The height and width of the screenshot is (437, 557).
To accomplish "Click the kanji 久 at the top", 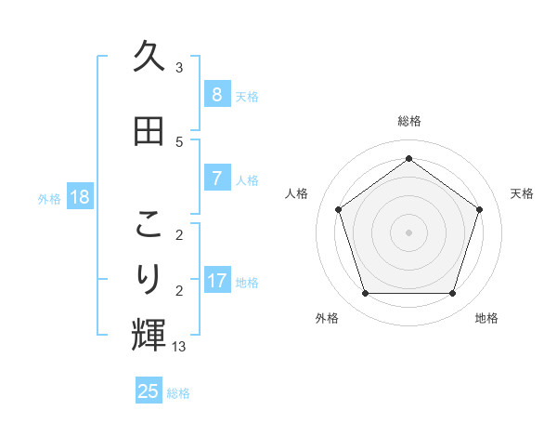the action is (149, 58).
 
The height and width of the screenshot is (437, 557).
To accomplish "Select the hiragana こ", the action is (149, 225).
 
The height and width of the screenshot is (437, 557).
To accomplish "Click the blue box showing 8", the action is (216, 94).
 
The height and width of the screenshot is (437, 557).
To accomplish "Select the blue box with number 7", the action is (216, 178).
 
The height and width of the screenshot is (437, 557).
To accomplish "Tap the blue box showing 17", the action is (217, 280).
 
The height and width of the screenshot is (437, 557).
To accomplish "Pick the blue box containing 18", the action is (79, 197).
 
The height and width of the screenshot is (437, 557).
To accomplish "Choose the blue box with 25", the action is (149, 391).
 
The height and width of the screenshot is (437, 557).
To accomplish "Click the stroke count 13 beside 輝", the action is (178, 347).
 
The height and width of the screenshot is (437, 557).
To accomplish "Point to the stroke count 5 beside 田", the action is (178, 142).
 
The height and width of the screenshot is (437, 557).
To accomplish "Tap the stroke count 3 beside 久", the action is (178, 68).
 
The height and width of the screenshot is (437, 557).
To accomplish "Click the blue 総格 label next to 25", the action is (178, 393).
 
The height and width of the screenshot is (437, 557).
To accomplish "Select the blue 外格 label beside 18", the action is (49, 198).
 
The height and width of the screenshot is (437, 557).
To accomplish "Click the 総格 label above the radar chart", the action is (408, 121).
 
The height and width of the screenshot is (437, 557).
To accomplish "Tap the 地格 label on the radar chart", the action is (486, 319).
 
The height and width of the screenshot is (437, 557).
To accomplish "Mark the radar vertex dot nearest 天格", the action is (480, 209).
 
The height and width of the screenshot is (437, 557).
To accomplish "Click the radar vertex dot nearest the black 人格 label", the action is (338, 209).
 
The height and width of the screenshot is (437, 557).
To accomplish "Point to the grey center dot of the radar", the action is (408, 232).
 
